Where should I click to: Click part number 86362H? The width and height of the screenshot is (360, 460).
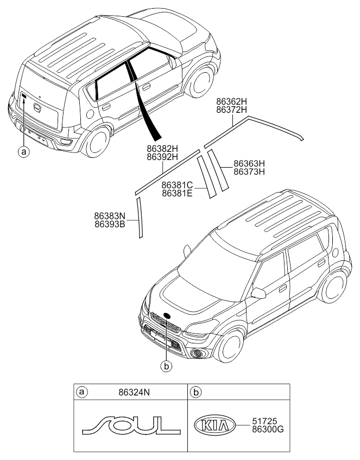(232, 101)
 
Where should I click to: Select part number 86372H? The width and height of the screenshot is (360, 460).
(232, 110)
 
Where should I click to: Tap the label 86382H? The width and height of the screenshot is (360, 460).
(162, 149)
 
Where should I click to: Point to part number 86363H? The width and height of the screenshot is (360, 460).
(249, 163)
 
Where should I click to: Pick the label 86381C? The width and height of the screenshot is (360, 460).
(177, 186)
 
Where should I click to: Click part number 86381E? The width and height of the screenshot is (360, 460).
(177, 193)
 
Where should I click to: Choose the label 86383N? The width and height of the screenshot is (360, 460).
(110, 216)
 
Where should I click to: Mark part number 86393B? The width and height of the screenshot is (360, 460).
(110, 225)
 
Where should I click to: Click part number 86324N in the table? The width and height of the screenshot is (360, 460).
(134, 392)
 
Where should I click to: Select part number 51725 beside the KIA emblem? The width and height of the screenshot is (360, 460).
(264, 421)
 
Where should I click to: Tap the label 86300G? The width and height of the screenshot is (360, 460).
(268, 430)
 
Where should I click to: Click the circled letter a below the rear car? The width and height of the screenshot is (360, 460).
(24, 151)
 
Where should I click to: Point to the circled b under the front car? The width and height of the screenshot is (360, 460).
(166, 366)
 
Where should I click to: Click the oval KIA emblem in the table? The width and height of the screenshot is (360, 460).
(214, 425)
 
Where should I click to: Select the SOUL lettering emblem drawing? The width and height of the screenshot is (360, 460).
(131, 425)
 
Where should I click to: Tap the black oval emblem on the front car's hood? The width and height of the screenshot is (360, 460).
(167, 316)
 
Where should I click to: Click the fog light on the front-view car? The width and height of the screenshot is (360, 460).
(198, 354)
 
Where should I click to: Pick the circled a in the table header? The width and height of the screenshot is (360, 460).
(81, 392)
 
